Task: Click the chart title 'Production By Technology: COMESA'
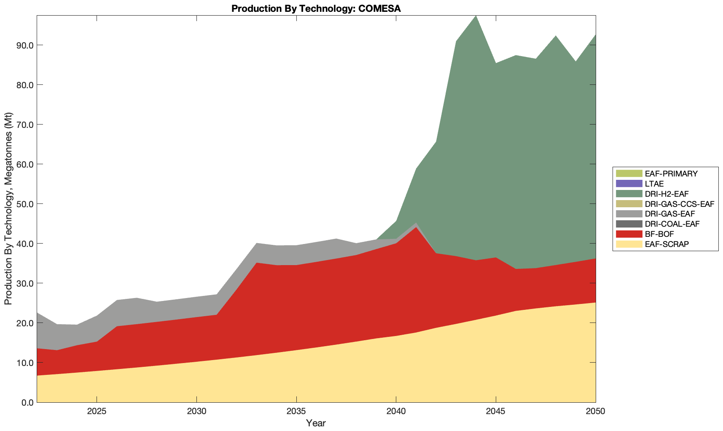pos(316,8)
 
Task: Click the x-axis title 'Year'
pos(316,423)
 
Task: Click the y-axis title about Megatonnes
pos(8,209)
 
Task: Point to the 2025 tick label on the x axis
pos(97,412)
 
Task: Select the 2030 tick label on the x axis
pos(196,412)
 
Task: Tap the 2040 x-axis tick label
pos(396,412)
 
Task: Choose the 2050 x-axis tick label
pos(595,412)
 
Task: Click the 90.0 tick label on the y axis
pos(24,45)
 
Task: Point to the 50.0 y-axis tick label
pos(24,204)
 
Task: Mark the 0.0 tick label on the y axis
pos(27,402)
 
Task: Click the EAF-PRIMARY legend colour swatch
pos(629,173)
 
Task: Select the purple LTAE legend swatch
pos(629,184)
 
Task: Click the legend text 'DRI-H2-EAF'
pos(667,194)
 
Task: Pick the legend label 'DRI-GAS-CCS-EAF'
pos(680,204)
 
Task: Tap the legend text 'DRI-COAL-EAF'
pos(672,224)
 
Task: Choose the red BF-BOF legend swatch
pos(629,234)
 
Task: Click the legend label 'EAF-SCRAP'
pos(667,244)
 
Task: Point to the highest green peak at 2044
pos(476,16)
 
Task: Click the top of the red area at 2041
pos(416,227)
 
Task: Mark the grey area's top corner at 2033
pos(256,243)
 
